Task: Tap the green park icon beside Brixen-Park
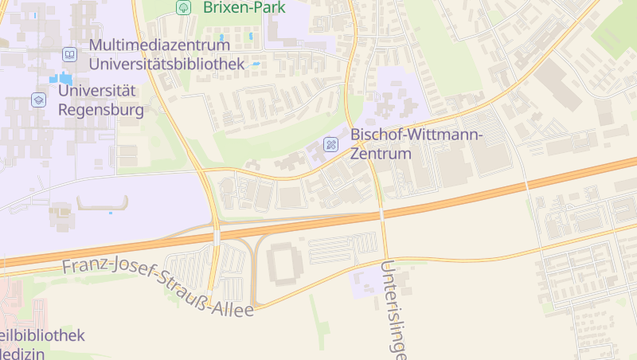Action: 184,7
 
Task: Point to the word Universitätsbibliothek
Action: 166,63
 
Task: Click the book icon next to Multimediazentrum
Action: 70,54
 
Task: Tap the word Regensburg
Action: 101,109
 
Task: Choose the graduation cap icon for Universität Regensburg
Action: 37,100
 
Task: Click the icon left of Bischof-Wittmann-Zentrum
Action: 330,144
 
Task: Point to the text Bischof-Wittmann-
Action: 416,135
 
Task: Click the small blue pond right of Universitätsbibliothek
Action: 256,64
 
